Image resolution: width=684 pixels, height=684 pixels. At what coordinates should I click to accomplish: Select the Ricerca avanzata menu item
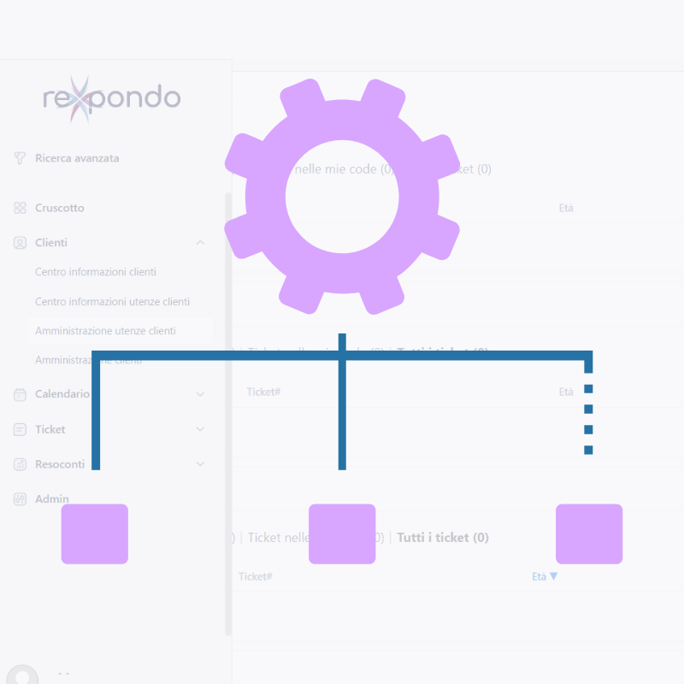[77, 158]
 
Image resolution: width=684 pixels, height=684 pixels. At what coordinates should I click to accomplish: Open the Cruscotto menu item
[60, 208]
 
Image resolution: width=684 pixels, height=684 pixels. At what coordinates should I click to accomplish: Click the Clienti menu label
[51, 243]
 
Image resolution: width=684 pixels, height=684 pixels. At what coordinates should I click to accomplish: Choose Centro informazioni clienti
[96, 272]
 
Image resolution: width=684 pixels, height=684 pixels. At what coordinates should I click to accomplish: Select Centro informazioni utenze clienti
[112, 302]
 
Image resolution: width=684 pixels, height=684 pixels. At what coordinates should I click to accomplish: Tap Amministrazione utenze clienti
[105, 331]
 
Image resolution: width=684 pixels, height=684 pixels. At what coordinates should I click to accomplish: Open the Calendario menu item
[62, 394]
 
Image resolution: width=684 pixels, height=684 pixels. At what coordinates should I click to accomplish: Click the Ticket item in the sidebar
[50, 429]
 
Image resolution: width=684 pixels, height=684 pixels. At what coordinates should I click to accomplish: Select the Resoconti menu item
[60, 464]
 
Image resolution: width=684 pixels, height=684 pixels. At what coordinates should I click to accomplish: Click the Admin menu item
[52, 499]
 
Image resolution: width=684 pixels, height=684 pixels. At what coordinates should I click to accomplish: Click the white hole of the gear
[342, 197]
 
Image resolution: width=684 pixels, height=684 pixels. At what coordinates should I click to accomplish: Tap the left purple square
[95, 534]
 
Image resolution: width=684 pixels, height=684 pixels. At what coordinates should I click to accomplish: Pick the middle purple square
[342, 534]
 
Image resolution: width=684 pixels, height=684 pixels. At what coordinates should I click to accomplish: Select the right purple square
[589, 534]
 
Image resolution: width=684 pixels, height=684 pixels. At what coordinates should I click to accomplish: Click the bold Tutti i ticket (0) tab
[442, 538]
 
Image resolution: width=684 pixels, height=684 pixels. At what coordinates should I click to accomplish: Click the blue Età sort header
[544, 576]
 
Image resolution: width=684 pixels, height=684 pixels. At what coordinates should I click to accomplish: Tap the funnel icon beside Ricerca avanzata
[20, 158]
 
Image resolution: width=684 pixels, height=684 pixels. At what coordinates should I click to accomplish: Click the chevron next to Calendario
[200, 394]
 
